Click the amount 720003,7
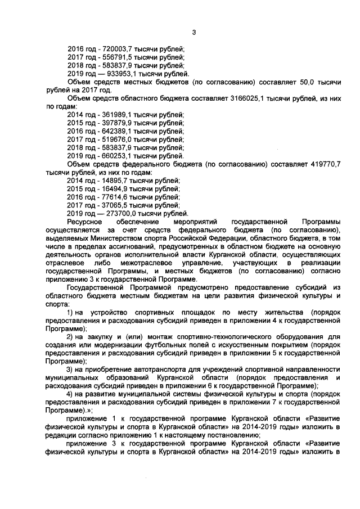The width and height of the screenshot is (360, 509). pyautogui.click(x=113, y=49)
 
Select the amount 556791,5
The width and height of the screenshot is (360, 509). pyautogui.click(x=113, y=57)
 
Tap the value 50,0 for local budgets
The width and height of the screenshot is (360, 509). pyautogui.click(x=307, y=82)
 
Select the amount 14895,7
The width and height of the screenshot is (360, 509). pyautogui.click(x=111, y=180)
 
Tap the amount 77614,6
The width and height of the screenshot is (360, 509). pyautogui.click(x=111, y=196)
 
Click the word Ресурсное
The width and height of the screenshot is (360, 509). pyautogui.click(x=83, y=222)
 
